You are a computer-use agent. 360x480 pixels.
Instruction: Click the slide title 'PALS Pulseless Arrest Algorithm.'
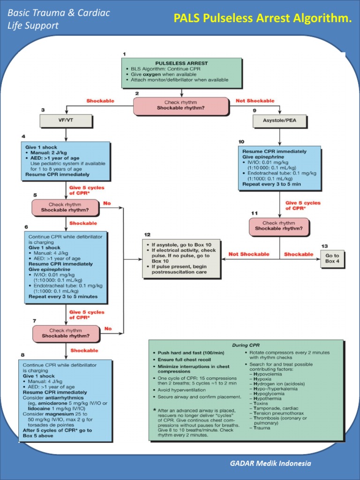pos(262,18)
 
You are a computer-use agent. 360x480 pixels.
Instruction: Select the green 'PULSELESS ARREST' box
pos(181,73)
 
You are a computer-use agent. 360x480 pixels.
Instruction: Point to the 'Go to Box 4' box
pos(332,258)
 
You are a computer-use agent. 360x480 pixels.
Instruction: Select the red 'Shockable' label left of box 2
pos(100,101)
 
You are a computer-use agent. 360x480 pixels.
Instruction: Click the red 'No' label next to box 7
pos(108,329)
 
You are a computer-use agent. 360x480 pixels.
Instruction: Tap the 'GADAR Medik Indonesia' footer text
pos(270,464)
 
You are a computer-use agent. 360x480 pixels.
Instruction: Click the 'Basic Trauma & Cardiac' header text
pos(59,13)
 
